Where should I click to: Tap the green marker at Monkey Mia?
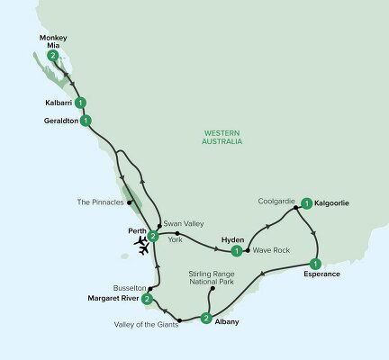(54, 56)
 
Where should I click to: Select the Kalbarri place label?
(57, 103)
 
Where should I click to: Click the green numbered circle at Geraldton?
(86, 120)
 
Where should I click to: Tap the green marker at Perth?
(153, 237)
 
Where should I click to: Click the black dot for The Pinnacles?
(131, 202)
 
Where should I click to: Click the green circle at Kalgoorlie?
(307, 204)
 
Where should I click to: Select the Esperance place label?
(321, 272)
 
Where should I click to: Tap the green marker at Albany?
(206, 318)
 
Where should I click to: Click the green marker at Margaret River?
(147, 299)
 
